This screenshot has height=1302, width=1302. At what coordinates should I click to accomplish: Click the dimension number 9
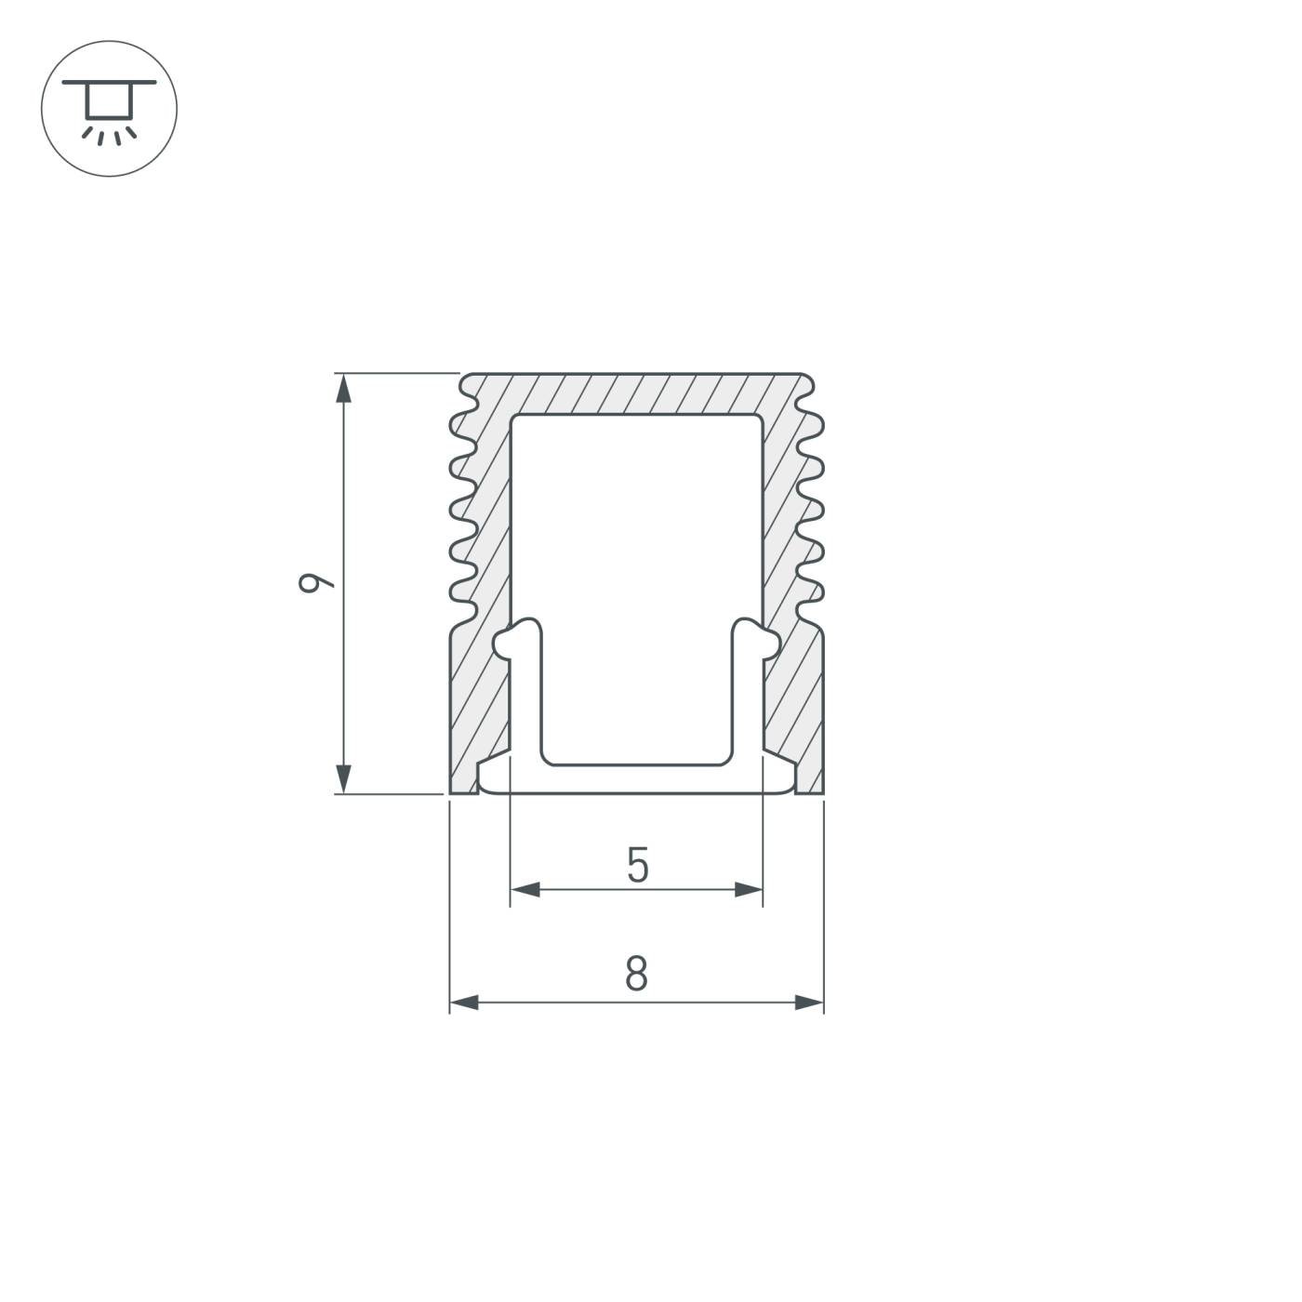[x=315, y=583]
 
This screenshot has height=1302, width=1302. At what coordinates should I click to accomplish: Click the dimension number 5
[x=637, y=866]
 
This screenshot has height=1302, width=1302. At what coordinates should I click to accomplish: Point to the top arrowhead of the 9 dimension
[x=344, y=388]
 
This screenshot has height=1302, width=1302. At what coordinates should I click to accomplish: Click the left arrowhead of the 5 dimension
[x=525, y=889]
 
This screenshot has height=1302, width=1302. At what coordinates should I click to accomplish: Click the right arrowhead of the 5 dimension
[x=748, y=889]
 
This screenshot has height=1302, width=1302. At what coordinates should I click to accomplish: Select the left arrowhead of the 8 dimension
[x=464, y=1003]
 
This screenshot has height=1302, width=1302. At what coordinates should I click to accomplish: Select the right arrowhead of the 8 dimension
[x=809, y=1003]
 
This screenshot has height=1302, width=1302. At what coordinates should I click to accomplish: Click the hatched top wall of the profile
[x=637, y=393]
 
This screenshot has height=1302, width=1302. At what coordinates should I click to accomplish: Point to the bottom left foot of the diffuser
[x=493, y=779]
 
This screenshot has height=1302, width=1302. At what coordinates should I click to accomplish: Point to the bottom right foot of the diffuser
[x=781, y=779]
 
